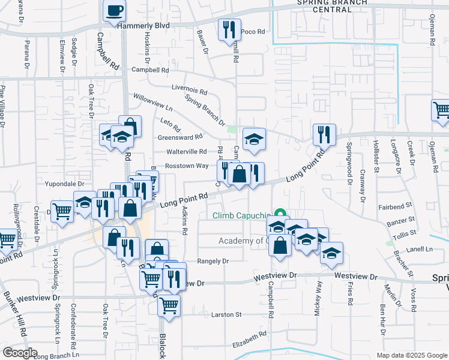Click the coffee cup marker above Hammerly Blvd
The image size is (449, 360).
point(114,10)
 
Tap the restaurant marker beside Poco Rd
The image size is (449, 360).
point(228,30)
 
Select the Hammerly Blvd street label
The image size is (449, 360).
point(144,26)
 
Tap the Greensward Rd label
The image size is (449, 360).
point(180,137)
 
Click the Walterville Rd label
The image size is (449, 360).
point(186,152)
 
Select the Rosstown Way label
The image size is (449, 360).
point(187,166)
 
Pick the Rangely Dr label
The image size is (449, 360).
point(214,261)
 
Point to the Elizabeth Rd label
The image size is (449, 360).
point(249,340)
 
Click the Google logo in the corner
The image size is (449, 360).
point(20,353)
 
